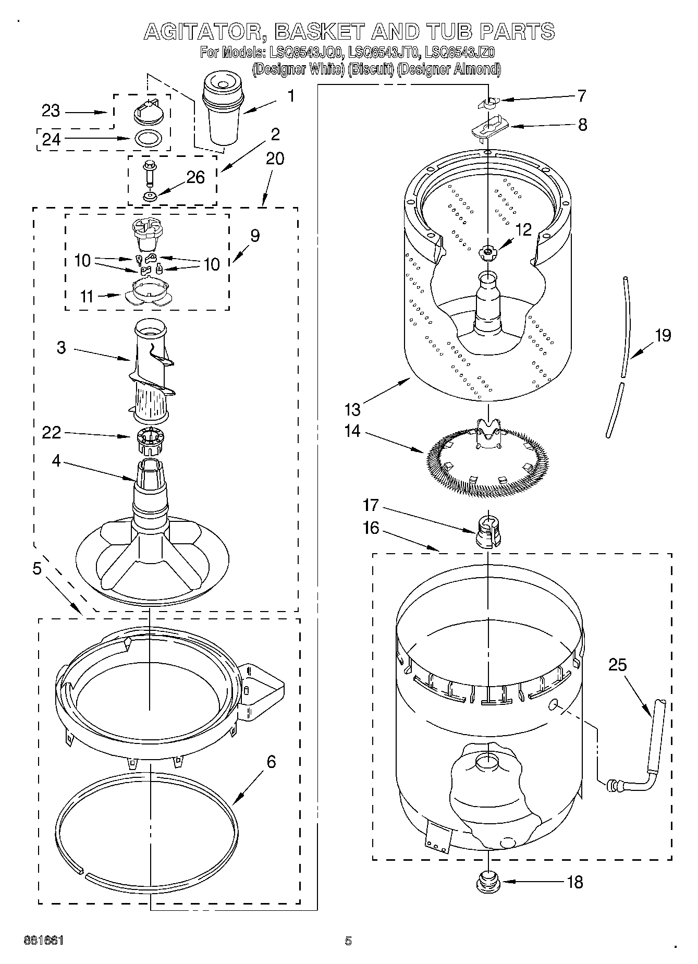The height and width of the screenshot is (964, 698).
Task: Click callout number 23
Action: click(51, 111)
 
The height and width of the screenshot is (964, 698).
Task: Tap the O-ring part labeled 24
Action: click(148, 139)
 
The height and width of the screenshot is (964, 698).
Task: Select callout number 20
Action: click(275, 158)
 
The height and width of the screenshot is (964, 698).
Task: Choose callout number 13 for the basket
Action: click(352, 409)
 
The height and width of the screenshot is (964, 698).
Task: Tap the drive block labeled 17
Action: click(486, 532)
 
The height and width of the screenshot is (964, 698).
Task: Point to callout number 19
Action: click(663, 335)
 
